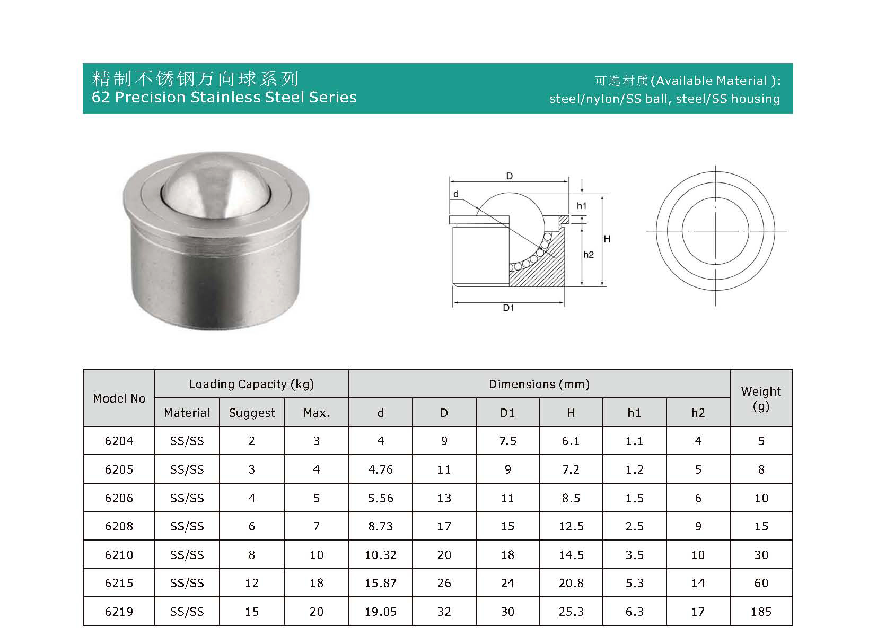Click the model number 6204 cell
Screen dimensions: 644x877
(119, 441)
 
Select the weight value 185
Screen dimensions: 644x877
(761, 612)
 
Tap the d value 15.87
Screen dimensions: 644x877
(380, 583)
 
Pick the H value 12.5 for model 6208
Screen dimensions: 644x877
(571, 526)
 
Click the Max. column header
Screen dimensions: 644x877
(317, 413)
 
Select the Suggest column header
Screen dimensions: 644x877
(252, 413)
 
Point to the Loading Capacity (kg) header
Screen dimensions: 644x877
(251, 384)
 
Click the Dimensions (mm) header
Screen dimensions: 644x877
(539, 384)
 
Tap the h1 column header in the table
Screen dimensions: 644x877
(634, 413)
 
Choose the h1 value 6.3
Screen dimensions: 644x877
(634, 612)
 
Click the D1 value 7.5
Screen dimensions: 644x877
(507, 441)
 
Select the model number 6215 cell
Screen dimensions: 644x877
(119, 583)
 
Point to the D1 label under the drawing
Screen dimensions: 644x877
(508, 308)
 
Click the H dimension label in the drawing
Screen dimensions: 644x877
(607, 239)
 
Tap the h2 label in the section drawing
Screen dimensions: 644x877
(589, 255)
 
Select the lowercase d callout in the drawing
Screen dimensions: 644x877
(455, 194)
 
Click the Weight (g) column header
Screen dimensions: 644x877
(761, 398)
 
